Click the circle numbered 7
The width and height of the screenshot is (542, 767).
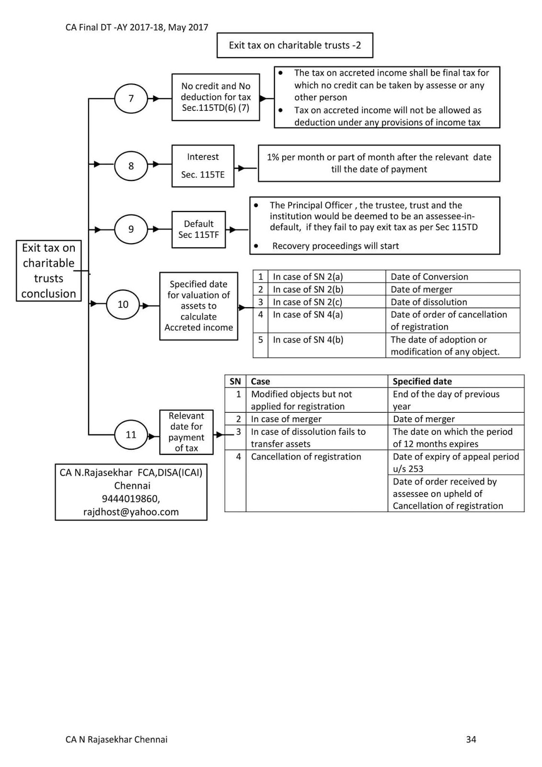131,99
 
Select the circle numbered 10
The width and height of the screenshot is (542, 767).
123,304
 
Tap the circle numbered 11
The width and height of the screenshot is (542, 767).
131,435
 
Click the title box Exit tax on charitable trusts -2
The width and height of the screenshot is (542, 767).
295,46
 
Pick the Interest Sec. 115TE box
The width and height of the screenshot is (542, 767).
203,166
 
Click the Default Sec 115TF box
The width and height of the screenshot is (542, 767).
198,229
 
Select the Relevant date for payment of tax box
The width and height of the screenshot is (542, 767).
186,432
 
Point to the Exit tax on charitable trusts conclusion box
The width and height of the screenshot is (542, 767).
48,271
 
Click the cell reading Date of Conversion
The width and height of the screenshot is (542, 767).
429,277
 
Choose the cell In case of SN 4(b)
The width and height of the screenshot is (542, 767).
308,340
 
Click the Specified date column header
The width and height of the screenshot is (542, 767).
422,382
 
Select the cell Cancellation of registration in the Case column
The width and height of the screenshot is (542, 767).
306,457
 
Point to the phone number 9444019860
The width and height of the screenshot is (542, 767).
131,499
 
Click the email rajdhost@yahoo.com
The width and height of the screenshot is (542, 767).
131,511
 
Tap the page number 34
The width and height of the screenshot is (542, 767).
471,739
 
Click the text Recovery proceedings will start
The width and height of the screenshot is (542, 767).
335,246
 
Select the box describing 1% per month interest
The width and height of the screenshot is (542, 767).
379,163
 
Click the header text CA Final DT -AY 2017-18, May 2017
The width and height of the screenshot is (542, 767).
137,27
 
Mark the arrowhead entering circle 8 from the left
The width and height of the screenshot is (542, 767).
97,164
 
